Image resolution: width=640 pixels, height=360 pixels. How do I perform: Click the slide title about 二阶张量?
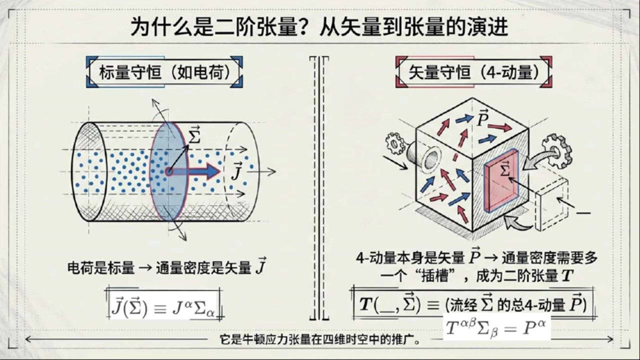click(319, 27)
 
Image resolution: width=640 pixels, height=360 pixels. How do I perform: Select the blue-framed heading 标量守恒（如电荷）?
click(164, 72)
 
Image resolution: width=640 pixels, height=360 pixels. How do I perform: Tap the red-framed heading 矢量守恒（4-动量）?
click(473, 72)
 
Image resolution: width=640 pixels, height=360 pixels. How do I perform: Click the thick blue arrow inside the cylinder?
click(195, 171)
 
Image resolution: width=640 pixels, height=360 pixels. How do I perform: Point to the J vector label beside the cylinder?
click(237, 171)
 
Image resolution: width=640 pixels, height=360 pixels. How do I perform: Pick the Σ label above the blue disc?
click(194, 135)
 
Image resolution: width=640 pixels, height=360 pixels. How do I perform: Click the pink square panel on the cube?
click(501, 180)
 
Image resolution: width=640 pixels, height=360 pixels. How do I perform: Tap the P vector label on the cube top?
click(482, 117)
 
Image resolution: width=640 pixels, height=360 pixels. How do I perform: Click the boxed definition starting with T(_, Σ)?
click(473, 303)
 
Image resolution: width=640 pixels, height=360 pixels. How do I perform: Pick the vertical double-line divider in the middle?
click(319, 188)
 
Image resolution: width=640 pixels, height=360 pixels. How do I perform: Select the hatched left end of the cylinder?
click(88, 171)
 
